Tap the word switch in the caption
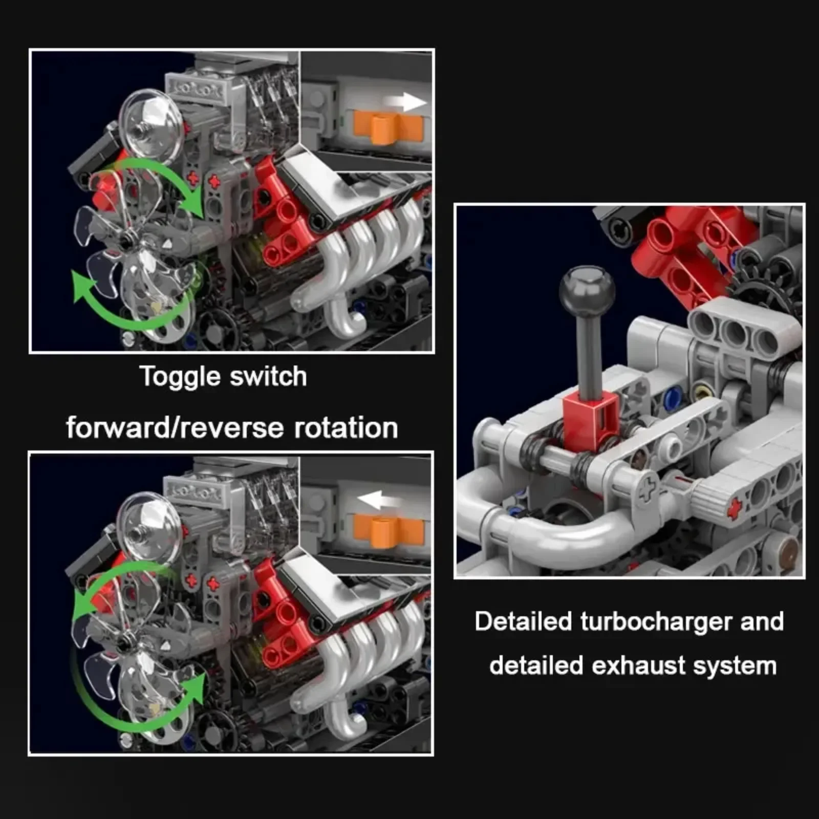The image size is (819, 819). [269, 376]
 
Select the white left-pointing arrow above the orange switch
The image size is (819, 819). [379, 499]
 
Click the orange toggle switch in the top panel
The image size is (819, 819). [388, 128]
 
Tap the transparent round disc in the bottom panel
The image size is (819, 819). [148, 528]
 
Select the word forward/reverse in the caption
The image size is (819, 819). [175, 428]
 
